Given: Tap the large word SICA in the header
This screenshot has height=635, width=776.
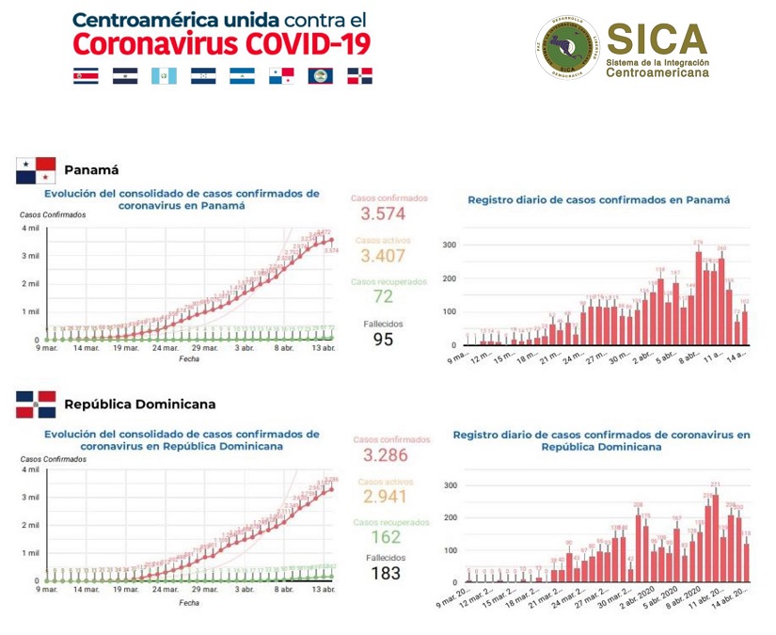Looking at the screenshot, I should pyautogui.click(x=656, y=38).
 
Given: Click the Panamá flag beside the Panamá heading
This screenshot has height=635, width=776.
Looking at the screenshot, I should pyautogui.click(x=37, y=170).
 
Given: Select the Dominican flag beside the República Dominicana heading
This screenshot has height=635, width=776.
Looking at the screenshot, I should pyautogui.click(x=37, y=405).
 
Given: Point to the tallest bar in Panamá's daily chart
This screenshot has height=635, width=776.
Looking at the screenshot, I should pyautogui.click(x=699, y=297).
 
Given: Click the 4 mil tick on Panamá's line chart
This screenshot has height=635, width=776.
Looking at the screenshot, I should pyautogui.click(x=30, y=229).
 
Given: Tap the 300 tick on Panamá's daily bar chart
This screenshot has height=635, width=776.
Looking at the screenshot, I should pyautogui.click(x=450, y=245).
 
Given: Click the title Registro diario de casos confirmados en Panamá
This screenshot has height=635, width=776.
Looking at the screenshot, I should pyautogui.click(x=598, y=199).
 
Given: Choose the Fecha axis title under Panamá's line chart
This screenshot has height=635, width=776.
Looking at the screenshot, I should pyautogui.click(x=189, y=358).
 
